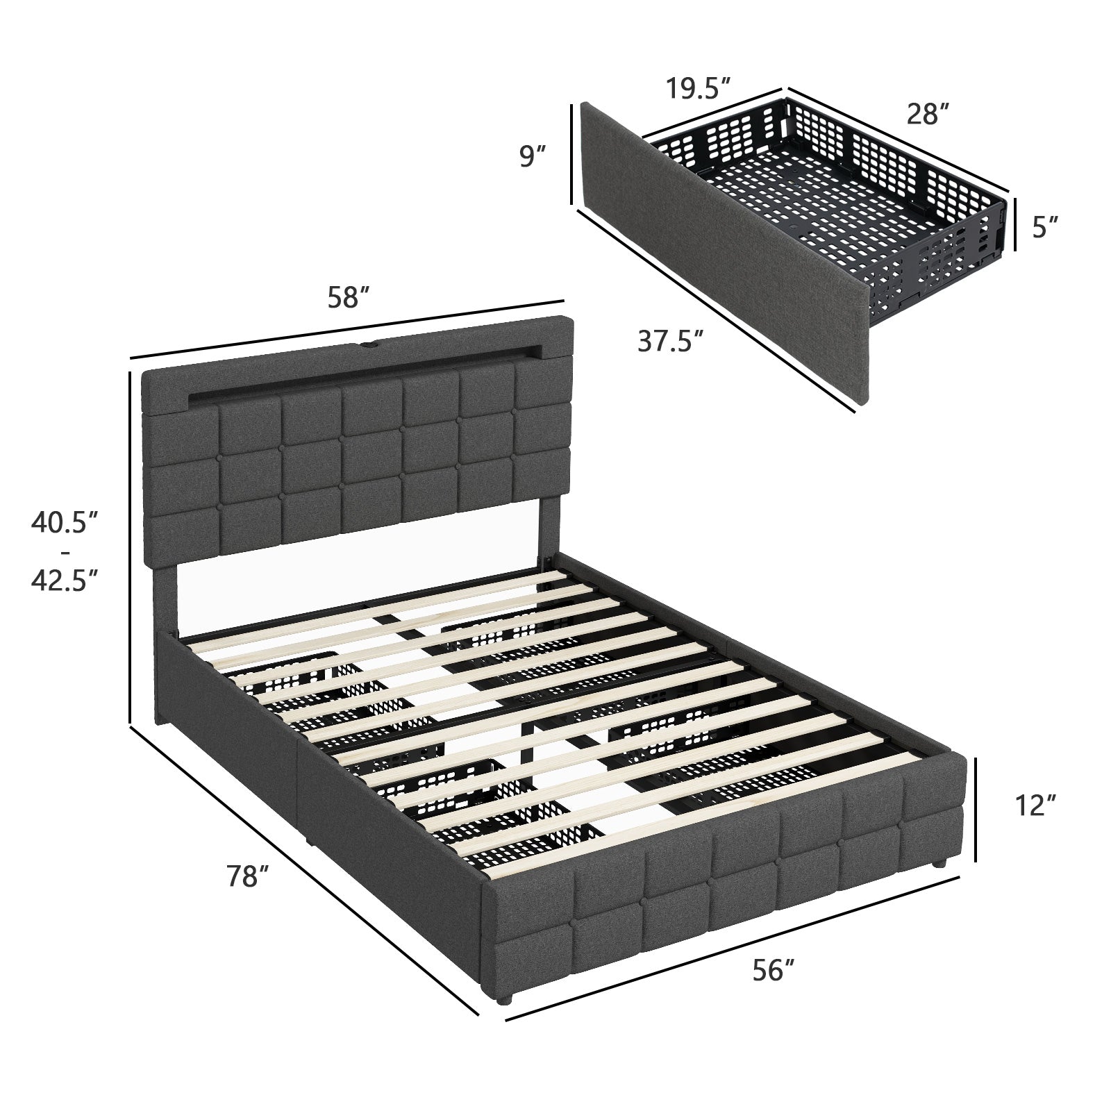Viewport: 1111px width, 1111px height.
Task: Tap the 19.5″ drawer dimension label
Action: pyautogui.click(x=699, y=89)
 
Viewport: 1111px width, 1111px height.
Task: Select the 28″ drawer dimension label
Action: pyautogui.click(x=927, y=112)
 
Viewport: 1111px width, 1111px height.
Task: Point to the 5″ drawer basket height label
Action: pyautogui.click(x=1044, y=227)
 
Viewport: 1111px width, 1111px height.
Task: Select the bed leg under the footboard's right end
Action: pyautogui.click(x=938, y=864)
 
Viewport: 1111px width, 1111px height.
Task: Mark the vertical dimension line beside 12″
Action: pyautogui.click(x=977, y=810)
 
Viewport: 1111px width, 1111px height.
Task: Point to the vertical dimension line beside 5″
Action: pyautogui.click(x=1015, y=224)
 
